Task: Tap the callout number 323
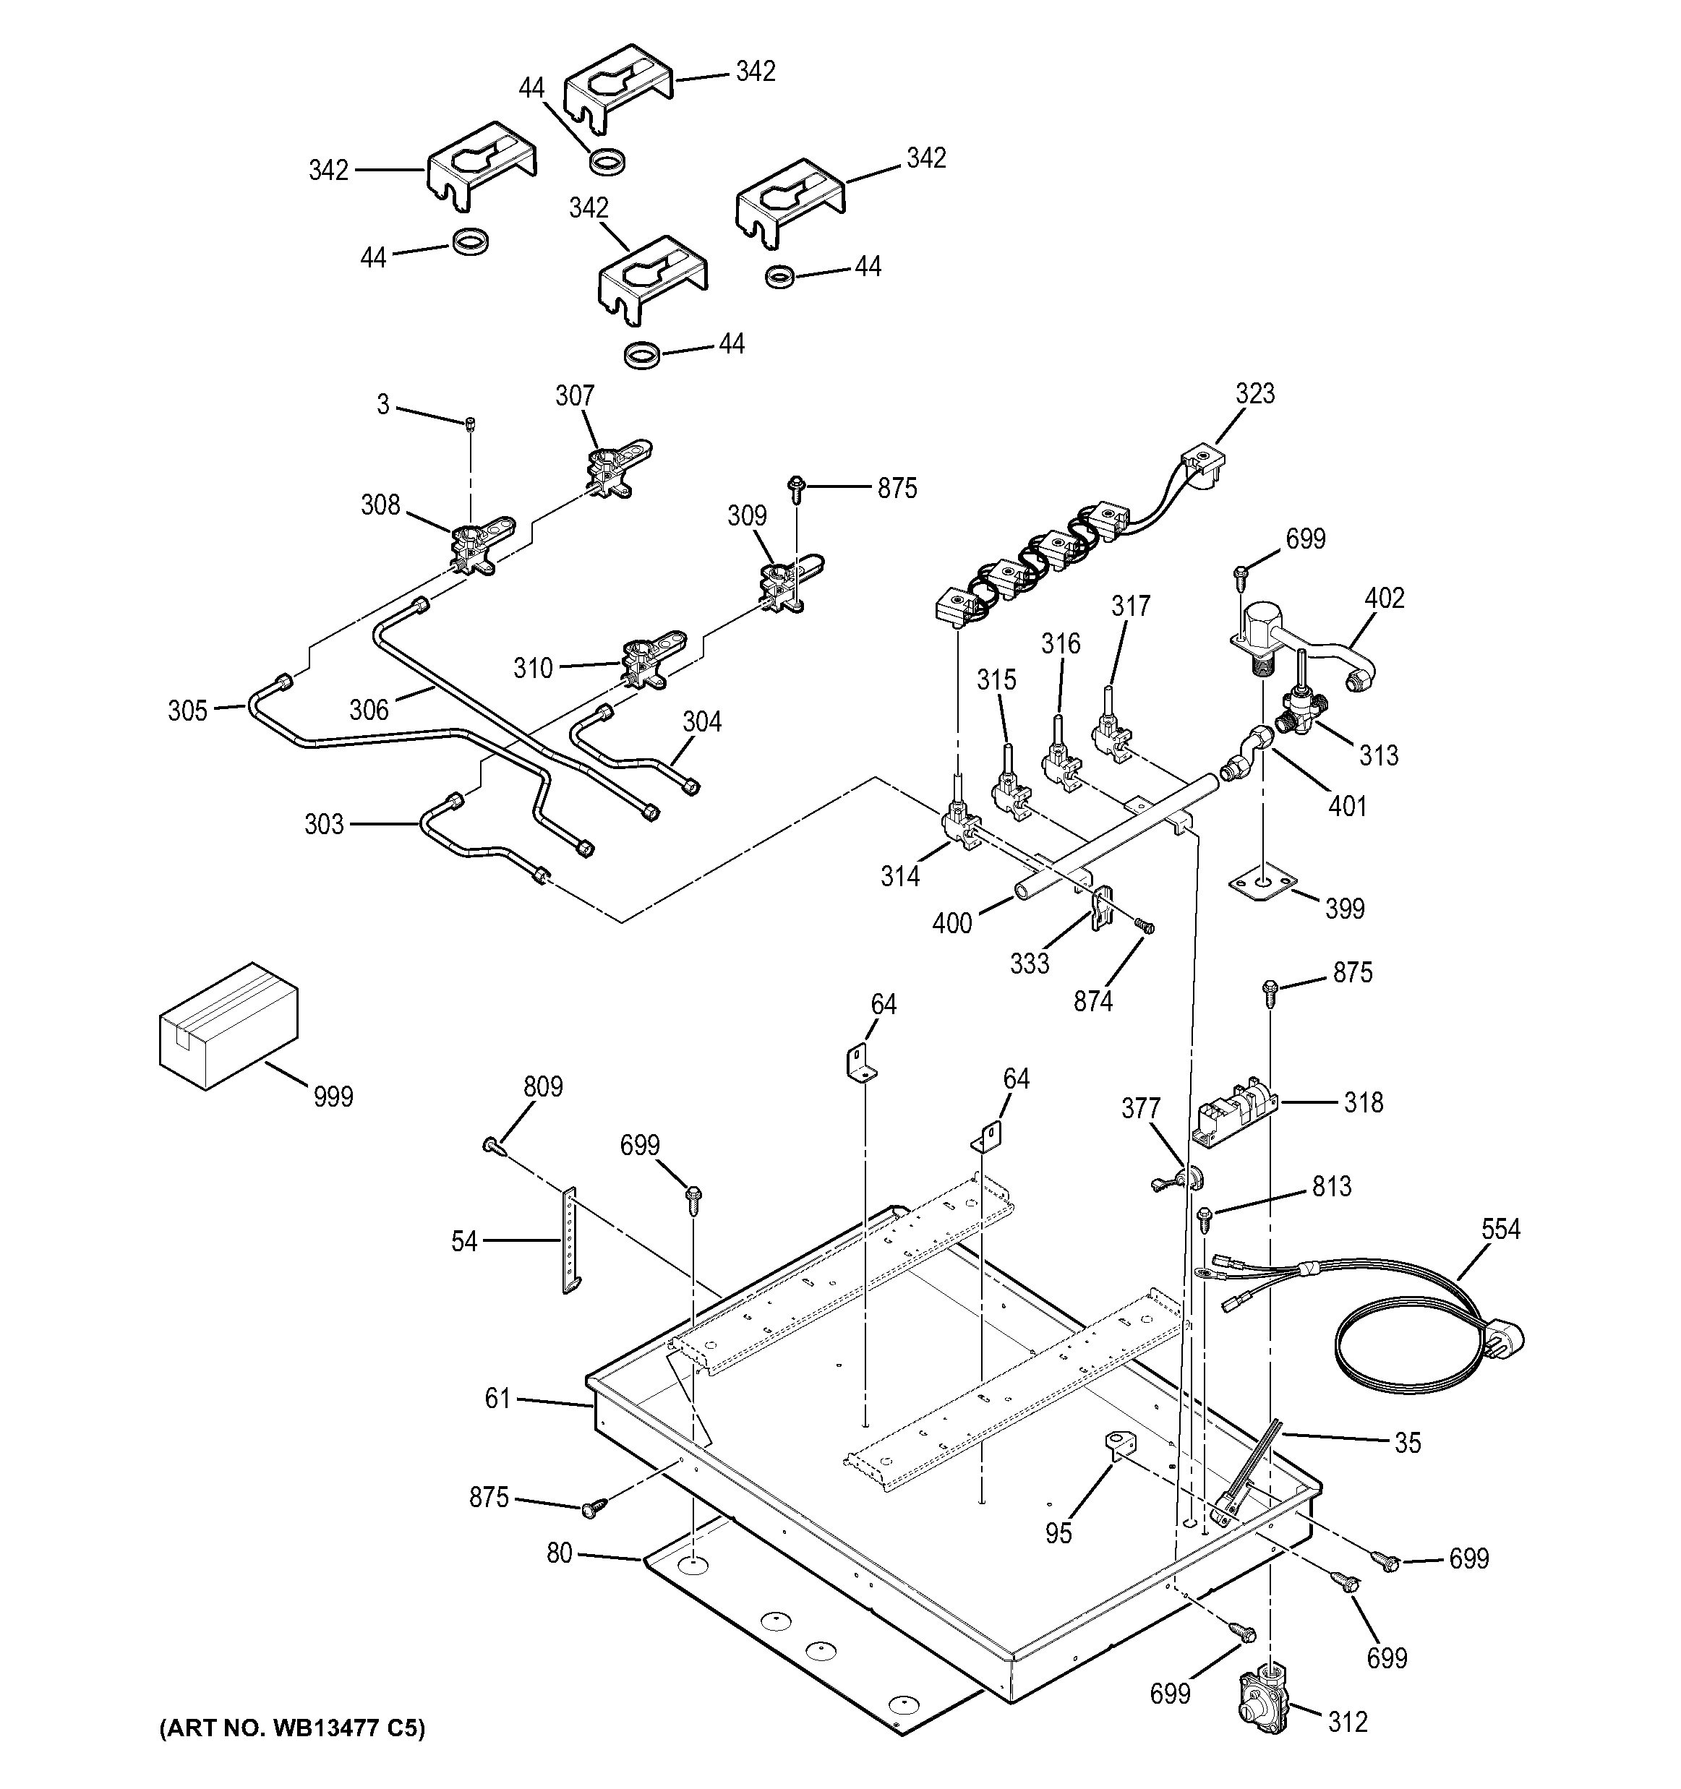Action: (x=1254, y=393)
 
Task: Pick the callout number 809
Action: (x=543, y=1086)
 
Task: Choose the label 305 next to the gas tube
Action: (x=187, y=711)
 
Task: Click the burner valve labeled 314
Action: (x=959, y=823)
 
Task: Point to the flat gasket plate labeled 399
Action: (x=1263, y=884)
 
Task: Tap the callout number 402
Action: (x=1384, y=598)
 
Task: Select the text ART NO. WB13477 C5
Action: (x=291, y=1727)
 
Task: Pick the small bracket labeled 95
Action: (x=1118, y=1472)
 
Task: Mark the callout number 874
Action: (x=1092, y=1000)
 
